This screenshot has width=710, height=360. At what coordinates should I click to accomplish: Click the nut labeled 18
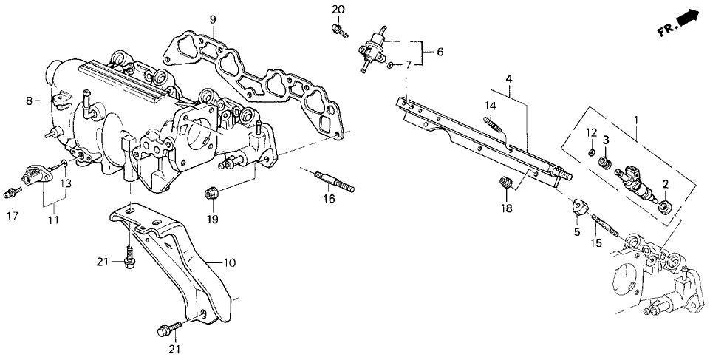pyautogui.click(x=506, y=183)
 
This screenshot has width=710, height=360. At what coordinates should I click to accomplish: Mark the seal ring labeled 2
pyautogui.click(x=663, y=205)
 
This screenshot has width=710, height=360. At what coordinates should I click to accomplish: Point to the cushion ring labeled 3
pyautogui.click(x=605, y=162)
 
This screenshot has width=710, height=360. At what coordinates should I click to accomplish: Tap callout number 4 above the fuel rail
pyautogui.click(x=509, y=78)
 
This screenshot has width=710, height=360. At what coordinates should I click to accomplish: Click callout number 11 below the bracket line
pyautogui.click(x=52, y=220)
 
